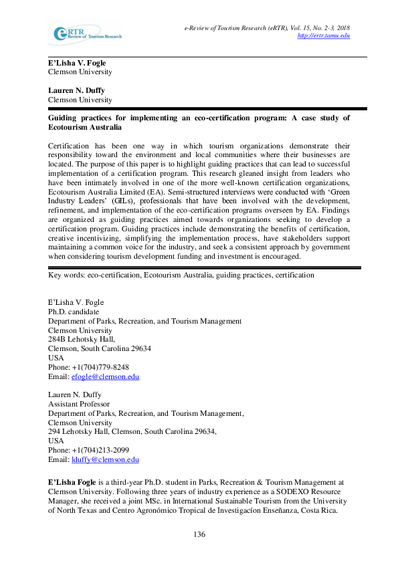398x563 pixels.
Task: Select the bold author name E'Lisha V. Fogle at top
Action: click(77, 63)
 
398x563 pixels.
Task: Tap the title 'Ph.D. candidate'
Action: click(74, 312)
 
